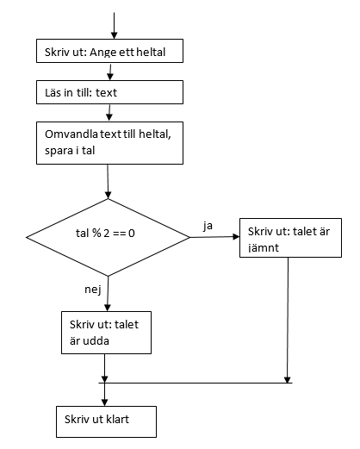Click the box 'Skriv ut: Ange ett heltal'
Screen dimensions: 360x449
point(109,51)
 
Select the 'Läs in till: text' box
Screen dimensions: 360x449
point(109,92)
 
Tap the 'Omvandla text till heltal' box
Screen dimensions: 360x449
point(109,143)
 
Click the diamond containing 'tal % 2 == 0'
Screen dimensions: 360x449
point(108,237)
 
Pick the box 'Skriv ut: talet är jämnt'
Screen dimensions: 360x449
point(290,238)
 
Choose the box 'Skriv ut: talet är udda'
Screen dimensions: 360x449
point(106,333)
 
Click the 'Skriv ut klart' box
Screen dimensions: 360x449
point(106,421)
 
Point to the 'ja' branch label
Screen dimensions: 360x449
point(208,226)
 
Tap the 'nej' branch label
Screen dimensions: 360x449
point(93,290)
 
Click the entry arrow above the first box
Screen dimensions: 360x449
point(114,26)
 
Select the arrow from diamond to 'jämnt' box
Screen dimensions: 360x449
point(214,237)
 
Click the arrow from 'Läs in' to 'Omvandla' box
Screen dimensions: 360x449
point(109,113)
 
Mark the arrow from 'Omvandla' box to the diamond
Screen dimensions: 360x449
point(108,182)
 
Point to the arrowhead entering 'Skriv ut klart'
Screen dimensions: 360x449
point(104,402)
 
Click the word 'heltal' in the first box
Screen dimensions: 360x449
point(151,53)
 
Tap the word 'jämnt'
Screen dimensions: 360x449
point(264,247)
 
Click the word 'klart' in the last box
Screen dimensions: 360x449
point(118,420)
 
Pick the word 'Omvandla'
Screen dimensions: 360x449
point(71,134)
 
